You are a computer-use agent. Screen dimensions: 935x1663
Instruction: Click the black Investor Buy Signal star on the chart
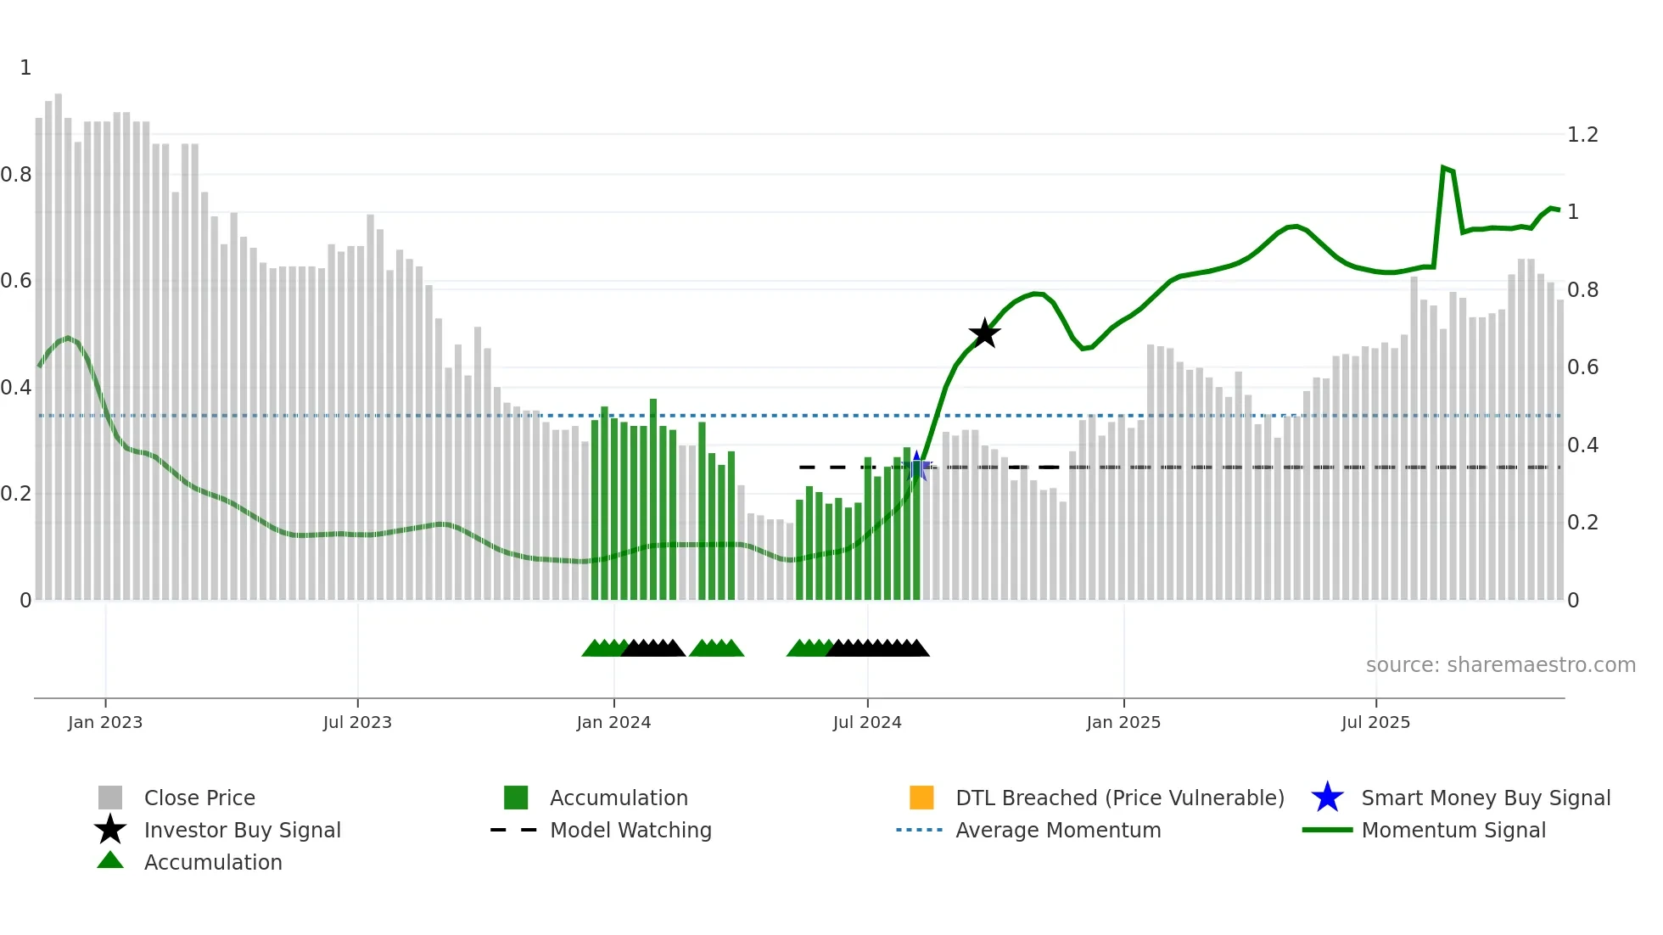click(x=984, y=333)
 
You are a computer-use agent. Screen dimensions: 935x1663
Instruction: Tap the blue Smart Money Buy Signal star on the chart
click(x=917, y=466)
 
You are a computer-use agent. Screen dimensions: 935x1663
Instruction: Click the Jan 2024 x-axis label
click(x=613, y=722)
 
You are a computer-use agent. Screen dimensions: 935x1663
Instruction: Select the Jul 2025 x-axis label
click(x=1375, y=722)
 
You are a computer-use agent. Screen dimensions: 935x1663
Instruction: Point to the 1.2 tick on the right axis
click(x=1582, y=135)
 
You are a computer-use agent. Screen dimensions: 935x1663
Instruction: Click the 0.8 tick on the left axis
click(x=16, y=175)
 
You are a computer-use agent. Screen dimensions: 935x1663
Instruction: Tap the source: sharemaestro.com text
click(x=1500, y=664)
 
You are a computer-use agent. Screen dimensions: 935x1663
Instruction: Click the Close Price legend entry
click(x=199, y=798)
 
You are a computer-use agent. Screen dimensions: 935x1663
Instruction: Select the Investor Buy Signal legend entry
click(x=242, y=830)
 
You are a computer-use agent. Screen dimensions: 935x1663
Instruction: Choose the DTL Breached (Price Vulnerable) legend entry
click(x=1119, y=798)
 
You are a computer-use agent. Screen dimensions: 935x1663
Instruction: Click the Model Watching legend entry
click(x=630, y=830)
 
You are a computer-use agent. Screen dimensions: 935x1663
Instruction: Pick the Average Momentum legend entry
click(x=1058, y=830)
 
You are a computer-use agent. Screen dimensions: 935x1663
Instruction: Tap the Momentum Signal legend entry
click(x=1453, y=830)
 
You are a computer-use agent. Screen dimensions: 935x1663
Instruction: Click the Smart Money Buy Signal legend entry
click(x=1485, y=798)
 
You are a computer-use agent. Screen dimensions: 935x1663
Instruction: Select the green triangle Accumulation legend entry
click(x=212, y=862)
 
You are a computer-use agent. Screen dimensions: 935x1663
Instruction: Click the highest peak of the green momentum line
click(x=1443, y=168)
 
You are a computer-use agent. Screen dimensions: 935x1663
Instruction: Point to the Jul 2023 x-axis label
click(x=357, y=722)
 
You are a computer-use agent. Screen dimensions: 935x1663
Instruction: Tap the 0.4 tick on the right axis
click(x=1582, y=445)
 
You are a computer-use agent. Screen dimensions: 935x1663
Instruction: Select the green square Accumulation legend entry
click(x=618, y=798)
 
